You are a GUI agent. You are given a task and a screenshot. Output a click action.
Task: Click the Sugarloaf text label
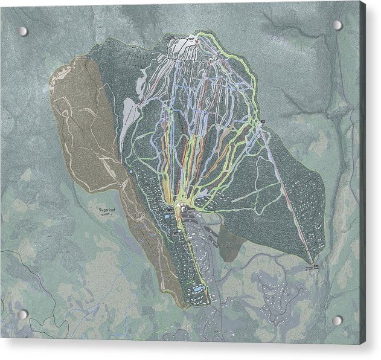pyautogui.click(x=107, y=210)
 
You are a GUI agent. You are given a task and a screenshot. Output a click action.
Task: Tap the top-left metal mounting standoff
pyautogui.click(x=22, y=31)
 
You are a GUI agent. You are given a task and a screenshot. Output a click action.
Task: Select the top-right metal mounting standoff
pyautogui.click(x=337, y=25)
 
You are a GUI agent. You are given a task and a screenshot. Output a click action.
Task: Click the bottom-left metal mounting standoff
pyautogui.click(x=22, y=314)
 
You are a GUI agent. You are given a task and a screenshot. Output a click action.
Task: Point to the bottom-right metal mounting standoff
pyautogui.click(x=338, y=320)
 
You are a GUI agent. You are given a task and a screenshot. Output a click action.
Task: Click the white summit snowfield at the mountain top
pyautogui.click(x=179, y=46)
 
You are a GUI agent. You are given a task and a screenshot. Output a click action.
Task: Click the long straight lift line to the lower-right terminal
pyautogui.click(x=287, y=193)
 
